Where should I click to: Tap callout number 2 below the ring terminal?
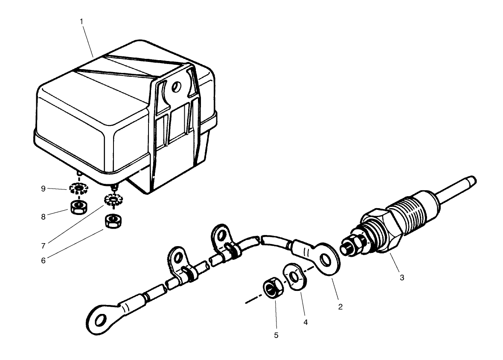[340, 306]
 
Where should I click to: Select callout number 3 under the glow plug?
[401, 278]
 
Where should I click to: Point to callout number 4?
[305, 322]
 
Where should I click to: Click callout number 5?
[276, 335]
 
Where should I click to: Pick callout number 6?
[43, 261]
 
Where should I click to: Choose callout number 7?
[43, 246]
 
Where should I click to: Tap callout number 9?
[43, 188]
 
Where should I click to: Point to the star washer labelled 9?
[78, 187]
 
